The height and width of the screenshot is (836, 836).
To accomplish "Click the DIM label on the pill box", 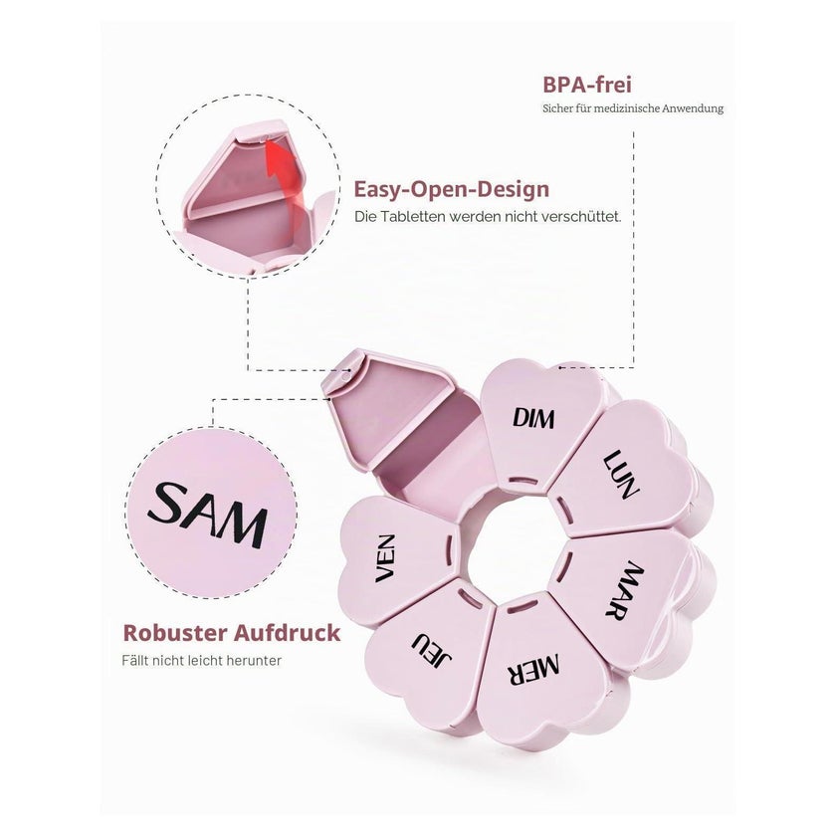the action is (x=533, y=418).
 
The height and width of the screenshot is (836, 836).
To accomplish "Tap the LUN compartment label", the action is (x=622, y=475).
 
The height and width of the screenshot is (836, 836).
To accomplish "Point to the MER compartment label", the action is (x=533, y=670).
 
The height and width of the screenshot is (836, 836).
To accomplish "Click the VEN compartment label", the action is (x=385, y=558).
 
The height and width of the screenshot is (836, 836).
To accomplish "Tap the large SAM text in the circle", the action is (x=208, y=515).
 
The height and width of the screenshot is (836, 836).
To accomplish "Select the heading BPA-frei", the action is (x=587, y=85).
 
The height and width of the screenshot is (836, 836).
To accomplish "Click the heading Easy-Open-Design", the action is (x=452, y=189).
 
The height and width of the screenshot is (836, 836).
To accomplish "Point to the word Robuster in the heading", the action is (x=175, y=633).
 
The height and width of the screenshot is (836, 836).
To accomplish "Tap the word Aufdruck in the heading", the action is (x=287, y=633).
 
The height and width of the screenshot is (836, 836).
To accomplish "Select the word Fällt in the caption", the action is (x=135, y=661).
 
